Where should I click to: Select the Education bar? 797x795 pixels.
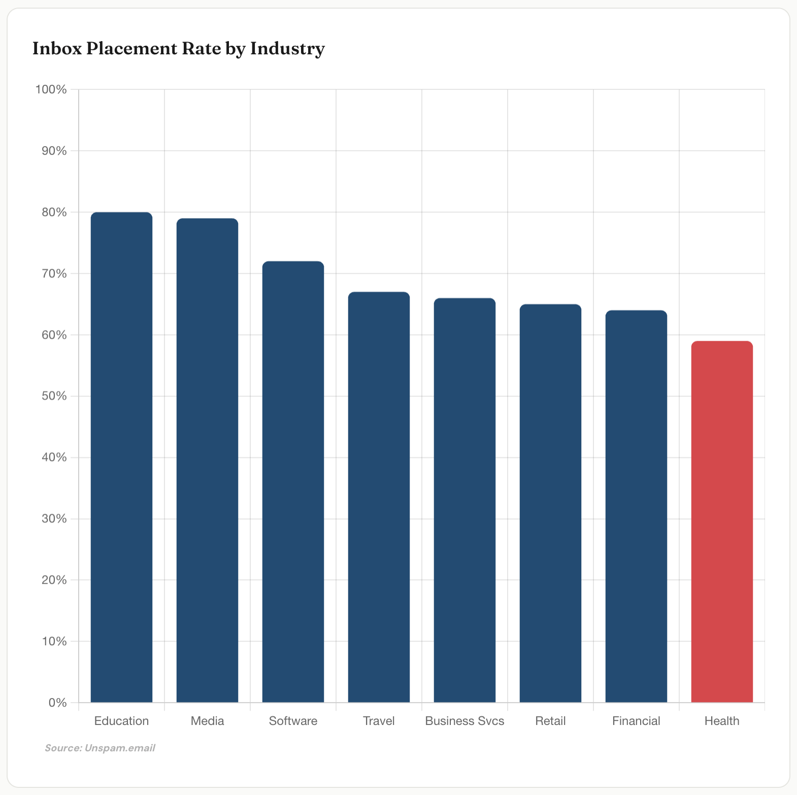(121, 457)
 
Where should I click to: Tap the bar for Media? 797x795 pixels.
(207, 460)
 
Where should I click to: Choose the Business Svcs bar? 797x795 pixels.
(464, 500)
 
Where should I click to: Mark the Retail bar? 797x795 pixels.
(550, 503)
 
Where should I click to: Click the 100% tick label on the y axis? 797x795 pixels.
(51, 90)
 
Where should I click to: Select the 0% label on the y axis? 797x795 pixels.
(57, 703)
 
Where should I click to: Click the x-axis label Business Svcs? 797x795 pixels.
(464, 721)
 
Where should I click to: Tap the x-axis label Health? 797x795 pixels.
(722, 721)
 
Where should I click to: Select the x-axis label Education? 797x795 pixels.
(121, 721)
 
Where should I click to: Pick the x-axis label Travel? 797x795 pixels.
(379, 721)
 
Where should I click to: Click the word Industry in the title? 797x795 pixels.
(287, 49)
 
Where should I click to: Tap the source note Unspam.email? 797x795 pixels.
(120, 748)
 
